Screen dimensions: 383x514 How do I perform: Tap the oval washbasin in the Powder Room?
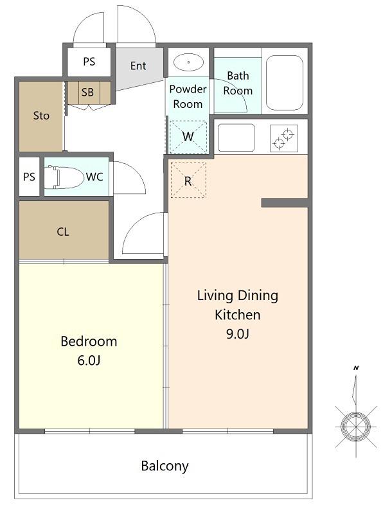coord(188,62)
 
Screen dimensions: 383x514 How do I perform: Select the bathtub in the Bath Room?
coord(284,83)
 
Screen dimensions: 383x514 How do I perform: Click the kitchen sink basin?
coord(236,137)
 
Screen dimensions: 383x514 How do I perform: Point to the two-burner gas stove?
coord(284,138)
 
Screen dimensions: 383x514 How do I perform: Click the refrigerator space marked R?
coord(188,180)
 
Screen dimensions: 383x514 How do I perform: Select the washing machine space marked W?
coord(188,136)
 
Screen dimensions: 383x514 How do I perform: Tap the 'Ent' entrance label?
coord(138,66)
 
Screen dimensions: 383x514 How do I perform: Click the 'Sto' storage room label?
coord(41,116)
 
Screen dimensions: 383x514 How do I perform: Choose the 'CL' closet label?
coord(63,232)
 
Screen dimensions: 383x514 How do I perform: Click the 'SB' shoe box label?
coord(87,92)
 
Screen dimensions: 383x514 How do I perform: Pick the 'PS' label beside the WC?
coord(29,177)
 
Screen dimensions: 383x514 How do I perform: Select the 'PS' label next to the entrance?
coord(89,62)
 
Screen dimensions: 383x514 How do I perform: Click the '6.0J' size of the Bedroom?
coord(89,360)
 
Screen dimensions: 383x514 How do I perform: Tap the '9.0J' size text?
coord(238,333)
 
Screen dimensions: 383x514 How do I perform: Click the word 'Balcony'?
coord(165,466)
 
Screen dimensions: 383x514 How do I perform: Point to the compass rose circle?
coord(356,427)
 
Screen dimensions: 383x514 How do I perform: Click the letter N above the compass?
coord(356,368)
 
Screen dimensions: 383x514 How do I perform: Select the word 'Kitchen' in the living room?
coord(238,315)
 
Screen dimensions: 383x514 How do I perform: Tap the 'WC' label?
coord(94,177)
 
